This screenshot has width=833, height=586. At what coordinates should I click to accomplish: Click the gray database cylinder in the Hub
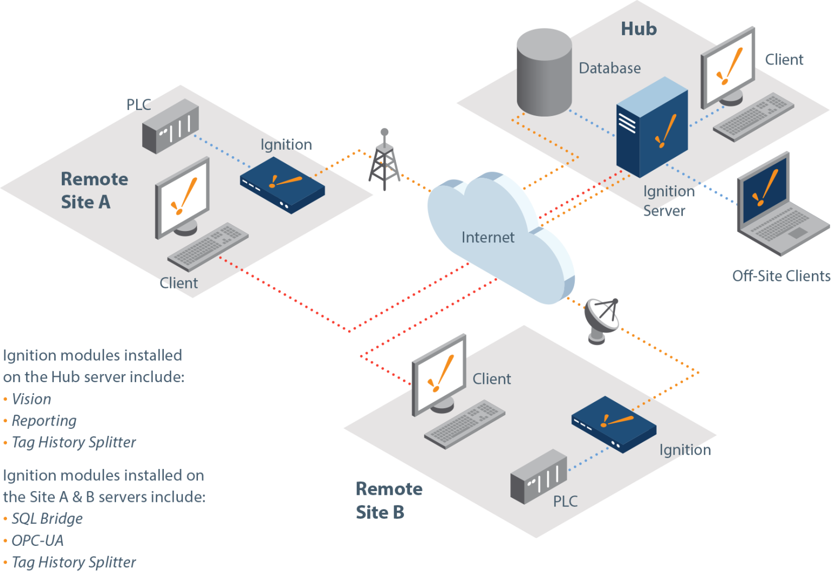click(x=543, y=73)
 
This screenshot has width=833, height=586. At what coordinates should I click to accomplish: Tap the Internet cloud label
click(x=488, y=237)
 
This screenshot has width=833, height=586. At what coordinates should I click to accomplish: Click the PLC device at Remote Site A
click(x=170, y=127)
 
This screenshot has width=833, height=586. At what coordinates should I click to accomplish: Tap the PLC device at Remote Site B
click(x=538, y=477)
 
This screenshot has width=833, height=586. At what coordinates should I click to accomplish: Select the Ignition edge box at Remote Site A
click(x=283, y=184)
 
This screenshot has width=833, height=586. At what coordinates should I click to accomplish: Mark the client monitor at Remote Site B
click(x=439, y=374)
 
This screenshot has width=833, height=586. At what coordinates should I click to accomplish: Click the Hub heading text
click(x=638, y=29)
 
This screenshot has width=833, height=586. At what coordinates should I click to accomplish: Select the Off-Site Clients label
click(x=780, y=276)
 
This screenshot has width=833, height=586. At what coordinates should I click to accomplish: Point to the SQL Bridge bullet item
click(x=47, y=519)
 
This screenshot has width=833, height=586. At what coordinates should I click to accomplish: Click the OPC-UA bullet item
click(x=37, y=540)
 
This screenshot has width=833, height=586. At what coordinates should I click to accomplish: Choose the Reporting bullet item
click(x=44, y=421)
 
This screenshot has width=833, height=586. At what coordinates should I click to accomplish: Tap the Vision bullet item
click(x=31, y=399)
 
